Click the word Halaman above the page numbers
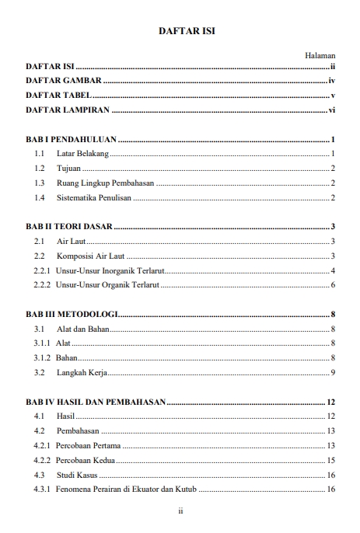point(320,56)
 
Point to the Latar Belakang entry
point(83,155)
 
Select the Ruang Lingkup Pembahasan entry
point(105,183)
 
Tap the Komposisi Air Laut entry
point(91,256)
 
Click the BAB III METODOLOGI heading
point(72,315)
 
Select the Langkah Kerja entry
point(80,373)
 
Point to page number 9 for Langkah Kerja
point(332,373)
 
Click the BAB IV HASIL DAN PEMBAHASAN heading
point(96,402)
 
